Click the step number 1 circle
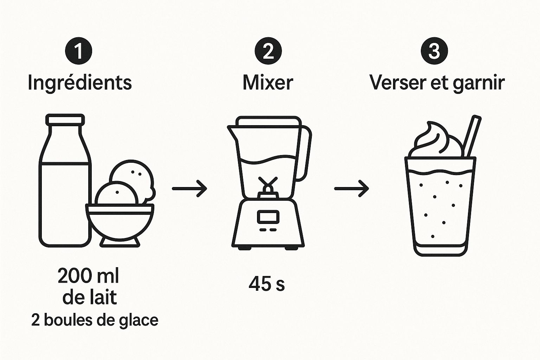coord(79,51)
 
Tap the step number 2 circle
coord(268,51)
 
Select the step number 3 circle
coord(434,51)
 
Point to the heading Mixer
coord(268,83)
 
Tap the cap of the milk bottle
coord(65,119)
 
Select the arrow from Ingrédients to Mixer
coord(189,188)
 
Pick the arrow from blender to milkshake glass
coord(352,188)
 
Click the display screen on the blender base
coord(268,217)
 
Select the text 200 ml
coord(88,276)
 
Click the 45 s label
coord(266,284)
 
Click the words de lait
coord(90,297)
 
